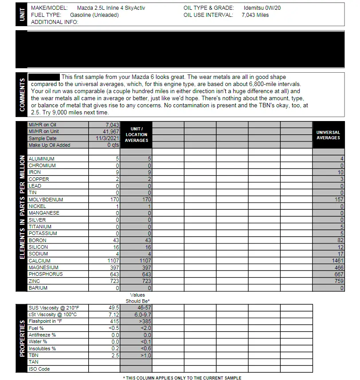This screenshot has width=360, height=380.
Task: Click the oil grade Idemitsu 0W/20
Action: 262,8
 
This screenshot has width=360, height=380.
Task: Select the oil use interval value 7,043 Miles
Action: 255,15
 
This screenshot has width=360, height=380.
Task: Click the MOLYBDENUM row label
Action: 46,200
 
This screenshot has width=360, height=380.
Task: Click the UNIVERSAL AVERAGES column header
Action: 328,135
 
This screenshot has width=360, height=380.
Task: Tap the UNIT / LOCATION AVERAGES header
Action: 136,135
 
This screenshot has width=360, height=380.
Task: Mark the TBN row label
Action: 33,355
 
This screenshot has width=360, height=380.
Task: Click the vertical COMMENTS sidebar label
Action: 22,94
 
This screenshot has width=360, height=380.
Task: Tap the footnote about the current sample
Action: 182,378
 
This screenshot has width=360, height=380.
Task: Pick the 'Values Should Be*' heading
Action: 137,298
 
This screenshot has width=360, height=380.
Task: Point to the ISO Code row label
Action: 39,369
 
